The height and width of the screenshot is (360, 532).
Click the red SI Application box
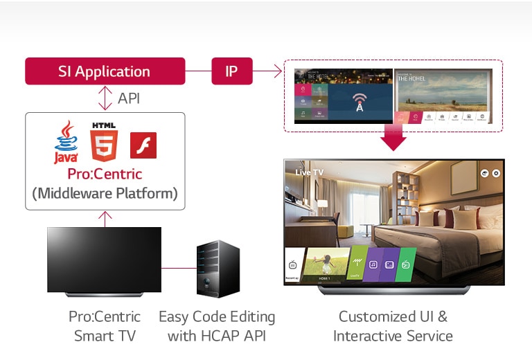click(x=105, y=71)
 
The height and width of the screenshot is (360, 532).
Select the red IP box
click(x=232, y=71)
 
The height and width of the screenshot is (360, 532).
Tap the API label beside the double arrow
click(x=128, y=98)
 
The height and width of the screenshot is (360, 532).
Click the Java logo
click(x=66, y=142)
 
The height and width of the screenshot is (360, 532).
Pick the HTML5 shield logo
click(x=104, y=141)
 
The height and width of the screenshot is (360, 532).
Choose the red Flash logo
click(x=143, y=145)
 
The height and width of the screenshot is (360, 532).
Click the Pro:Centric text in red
click(x=105, y=173)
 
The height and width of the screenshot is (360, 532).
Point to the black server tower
click(x=218, y=269)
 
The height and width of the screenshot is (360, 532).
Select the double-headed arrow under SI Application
click(x=105, y=98)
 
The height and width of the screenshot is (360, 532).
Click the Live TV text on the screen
click(x=310, y=172)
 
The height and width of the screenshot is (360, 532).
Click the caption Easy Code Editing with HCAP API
click(x=217, y=326)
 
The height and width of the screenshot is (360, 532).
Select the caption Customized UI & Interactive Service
click(x=393, y=326)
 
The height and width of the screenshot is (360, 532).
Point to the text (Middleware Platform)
click(x=105, y=194)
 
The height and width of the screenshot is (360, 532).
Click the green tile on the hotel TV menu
click(x=407, y=264)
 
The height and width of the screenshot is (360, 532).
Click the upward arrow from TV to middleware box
click(x=105, y=218)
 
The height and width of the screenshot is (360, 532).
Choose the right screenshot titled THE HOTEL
click(x=443, y=96)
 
